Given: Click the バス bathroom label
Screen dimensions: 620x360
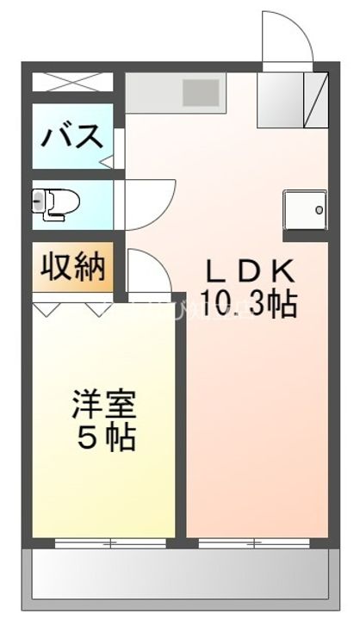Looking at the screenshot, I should pos(73,136).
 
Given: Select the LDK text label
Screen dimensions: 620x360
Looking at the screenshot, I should pos(249,272).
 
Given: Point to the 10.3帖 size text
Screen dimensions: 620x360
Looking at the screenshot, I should pos(249,304).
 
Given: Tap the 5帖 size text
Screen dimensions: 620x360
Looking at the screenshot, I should pos(106,438).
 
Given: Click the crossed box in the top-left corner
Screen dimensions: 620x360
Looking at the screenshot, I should pos(72,84).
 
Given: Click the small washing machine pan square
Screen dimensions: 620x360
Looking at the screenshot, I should pos(305,208).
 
